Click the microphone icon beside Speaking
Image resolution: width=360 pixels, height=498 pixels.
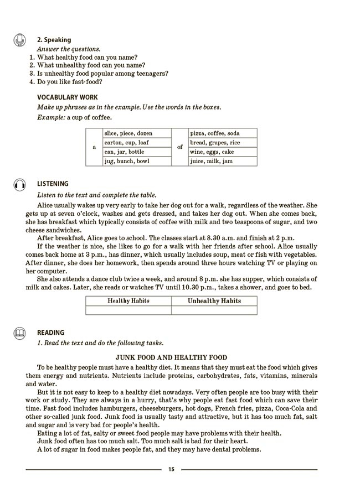tap(20, 40)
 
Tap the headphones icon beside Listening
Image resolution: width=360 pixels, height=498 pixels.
tap(20, 184)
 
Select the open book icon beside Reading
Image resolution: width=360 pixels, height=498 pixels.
tap(20, 333)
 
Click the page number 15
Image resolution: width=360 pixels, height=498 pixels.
tap(171, 469)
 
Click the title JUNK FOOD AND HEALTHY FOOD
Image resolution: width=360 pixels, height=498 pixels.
tap(171, 357)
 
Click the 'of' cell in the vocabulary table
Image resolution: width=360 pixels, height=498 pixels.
tap(180, 147)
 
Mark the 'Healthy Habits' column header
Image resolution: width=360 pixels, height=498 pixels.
tap(128, 301)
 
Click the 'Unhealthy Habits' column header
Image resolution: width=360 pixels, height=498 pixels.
tap(214, 301)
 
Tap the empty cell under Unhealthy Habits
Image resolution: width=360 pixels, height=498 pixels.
tap(214, 310)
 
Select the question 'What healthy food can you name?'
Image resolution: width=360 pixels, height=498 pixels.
tap(87, 57)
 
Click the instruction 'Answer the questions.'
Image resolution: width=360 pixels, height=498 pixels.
tap(69, 49)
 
